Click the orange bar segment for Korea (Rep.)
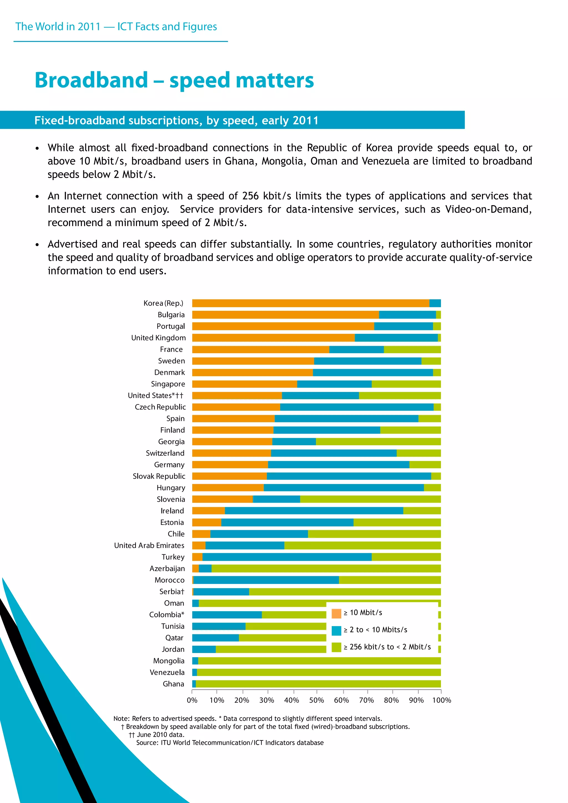click(311, 303)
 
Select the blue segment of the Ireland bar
click(314, 511)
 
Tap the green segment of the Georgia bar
click(378, 441)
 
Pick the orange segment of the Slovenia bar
click(222, 499)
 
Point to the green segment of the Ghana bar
click(318, 684)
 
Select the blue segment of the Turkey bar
click(287, 557)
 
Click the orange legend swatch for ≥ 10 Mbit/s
click(336, 613)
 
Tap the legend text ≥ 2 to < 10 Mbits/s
click(375, 630)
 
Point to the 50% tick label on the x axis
click(316, 700)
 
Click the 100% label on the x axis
click(441, 700)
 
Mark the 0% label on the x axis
click(192, 700)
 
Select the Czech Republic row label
click(160, 407)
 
